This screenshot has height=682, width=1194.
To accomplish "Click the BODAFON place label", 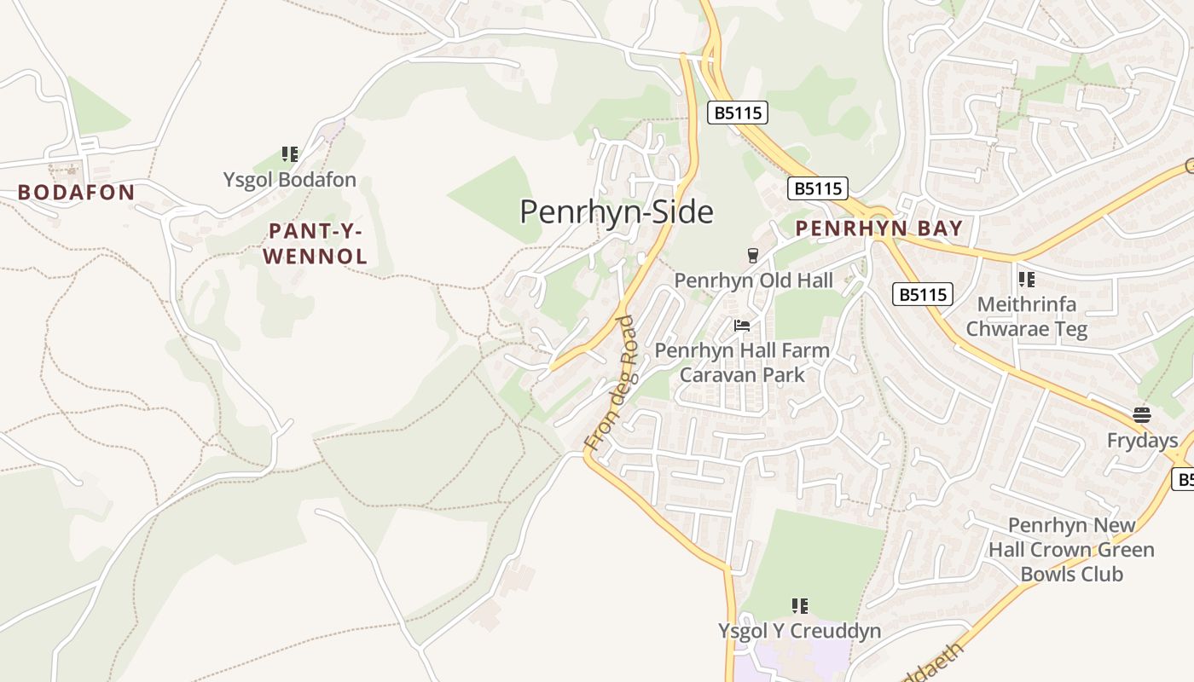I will (76, 193).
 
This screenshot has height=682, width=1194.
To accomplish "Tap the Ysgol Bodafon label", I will (290, 181).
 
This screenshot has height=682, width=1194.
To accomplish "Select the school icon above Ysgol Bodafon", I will (290, 154).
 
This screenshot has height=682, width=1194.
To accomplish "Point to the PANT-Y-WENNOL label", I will (316, 243).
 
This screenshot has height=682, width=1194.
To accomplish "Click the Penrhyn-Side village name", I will (616, 211).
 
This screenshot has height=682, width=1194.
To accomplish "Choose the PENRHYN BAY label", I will (878, 228).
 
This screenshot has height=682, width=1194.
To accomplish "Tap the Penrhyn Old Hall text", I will (753, 280).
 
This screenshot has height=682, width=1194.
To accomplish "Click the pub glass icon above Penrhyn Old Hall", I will (752, 255).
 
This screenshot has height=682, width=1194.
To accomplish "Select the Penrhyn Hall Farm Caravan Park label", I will (742, 362).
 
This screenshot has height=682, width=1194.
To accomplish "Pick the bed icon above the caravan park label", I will (742, 326).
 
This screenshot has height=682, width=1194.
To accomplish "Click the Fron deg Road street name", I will (612, 384).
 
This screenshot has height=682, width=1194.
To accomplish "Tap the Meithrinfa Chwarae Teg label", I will (1027, 316).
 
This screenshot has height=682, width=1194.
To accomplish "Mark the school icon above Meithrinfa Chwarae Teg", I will (1027, 279).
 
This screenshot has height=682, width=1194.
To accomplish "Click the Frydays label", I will (1142, 441).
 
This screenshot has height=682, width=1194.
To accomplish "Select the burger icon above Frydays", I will (1142, 415).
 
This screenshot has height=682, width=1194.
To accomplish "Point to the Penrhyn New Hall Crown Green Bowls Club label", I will (1071, 550).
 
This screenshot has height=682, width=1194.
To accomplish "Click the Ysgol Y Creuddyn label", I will (799, 631).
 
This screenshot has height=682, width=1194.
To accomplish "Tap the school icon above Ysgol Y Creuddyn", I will (799, 606).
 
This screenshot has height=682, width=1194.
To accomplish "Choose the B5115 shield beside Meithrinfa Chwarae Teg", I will (922, 295).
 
